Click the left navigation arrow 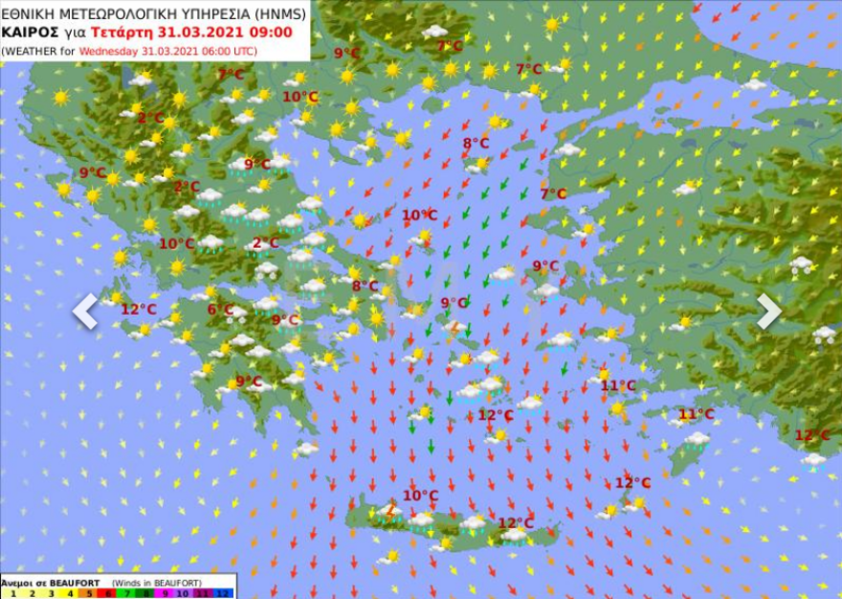pos(85,311)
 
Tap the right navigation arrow pos(769,311)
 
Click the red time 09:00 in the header pos(274,32)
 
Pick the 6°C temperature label pos(220,309)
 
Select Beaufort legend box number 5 pos(89,593)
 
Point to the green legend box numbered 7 pos(128,593)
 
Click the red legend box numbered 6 pos(108,593)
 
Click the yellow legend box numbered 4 pos(69,593)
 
